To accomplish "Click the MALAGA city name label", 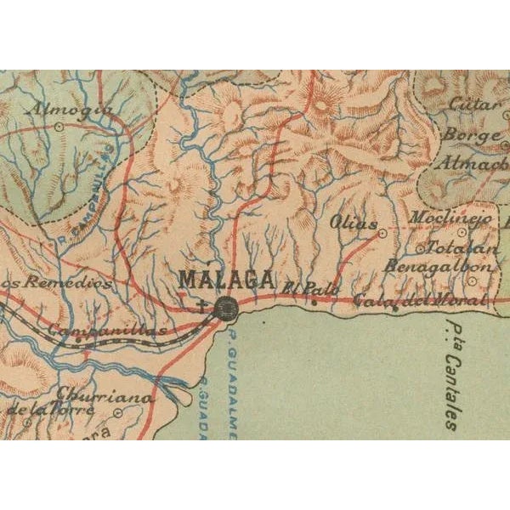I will click(x=226, y=279).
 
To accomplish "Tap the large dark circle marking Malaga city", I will click(x=227, y=309).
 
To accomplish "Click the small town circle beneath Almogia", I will click(x=58, y=126).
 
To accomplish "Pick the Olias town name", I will click(x=354, y=224).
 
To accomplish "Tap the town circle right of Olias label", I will click(x=382, y=231).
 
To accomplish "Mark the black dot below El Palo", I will click(x=314, y=301).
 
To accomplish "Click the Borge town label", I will click(x=468, y=135).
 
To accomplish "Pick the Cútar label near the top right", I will click(x=471, y=106).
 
